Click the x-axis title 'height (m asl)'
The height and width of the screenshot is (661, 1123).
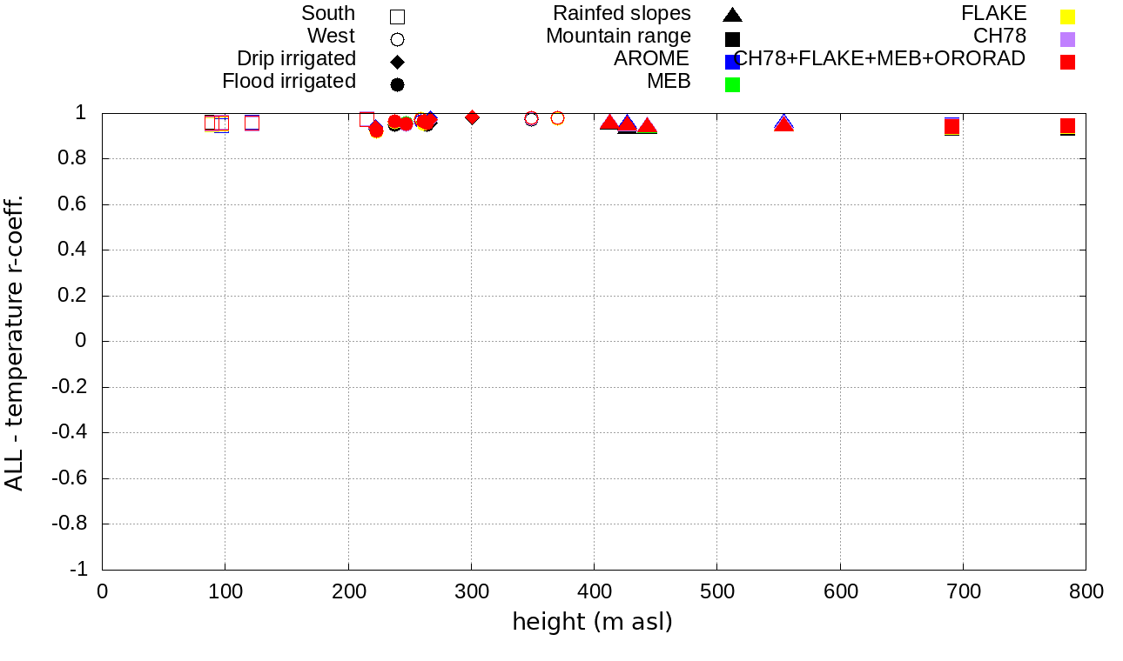592,622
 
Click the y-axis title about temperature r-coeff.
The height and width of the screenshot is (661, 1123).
15,342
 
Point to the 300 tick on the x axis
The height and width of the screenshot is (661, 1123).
471,592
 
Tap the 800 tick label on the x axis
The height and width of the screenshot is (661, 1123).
1086,592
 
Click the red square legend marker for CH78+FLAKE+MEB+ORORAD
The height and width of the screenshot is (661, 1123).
1067,62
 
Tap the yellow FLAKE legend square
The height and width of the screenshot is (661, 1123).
1067,17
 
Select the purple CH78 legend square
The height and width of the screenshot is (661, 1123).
1067,39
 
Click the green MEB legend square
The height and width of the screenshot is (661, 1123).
732,84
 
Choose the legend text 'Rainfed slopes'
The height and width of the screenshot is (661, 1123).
622,14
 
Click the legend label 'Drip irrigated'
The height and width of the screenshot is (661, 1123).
296,59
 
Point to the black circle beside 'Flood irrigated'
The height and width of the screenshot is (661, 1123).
397,84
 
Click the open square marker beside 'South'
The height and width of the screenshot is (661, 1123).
397,17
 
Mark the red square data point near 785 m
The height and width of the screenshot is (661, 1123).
1067,126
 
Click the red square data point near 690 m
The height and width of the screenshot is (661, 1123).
952,127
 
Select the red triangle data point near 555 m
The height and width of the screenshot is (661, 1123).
783,124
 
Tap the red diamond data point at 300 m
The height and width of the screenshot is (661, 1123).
472,117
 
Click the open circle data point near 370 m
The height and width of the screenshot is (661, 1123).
557,118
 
